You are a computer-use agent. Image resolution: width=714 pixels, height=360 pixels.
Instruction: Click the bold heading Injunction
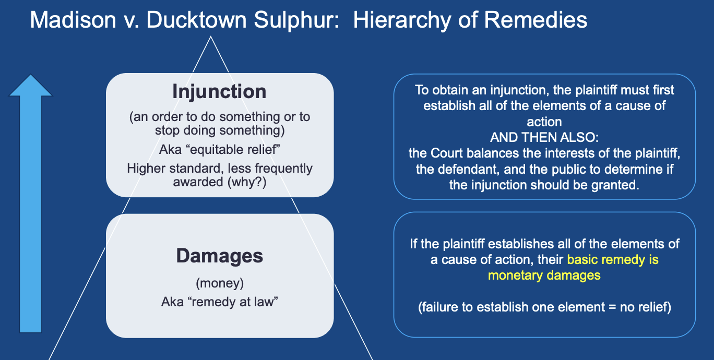tap(219, 92)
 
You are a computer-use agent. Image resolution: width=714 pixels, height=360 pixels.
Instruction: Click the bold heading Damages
tap(219, 256)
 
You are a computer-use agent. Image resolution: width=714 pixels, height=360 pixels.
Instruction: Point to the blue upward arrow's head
tap(31, 86)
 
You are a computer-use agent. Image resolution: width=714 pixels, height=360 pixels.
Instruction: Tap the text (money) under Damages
tap(220, 284)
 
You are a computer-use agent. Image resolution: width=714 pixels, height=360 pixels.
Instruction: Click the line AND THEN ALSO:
tap(544, 138)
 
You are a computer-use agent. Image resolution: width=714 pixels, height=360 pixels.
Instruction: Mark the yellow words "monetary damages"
tap(544, 275)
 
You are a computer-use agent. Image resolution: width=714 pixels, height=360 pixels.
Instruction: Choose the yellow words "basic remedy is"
tap(613, 259)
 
